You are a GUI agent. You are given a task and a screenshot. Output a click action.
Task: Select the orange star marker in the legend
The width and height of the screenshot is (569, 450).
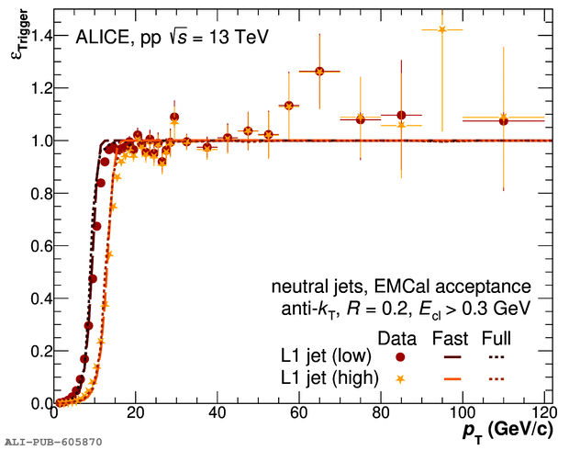pyautogui.click(x=399, y=377)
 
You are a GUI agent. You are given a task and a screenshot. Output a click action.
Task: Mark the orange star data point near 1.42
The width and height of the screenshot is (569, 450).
pyautogui.click(x=442, y=29)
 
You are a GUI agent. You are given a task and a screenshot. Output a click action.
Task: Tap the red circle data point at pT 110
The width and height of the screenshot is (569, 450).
pyautogui.click(x=503, y=120)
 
